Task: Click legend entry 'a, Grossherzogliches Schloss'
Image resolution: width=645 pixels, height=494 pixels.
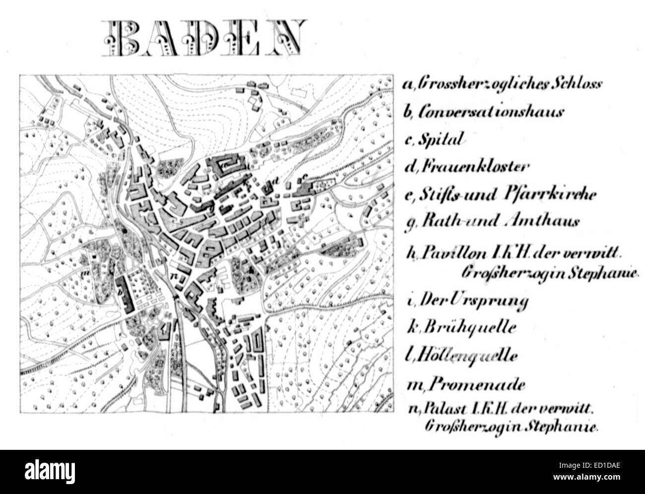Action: pos(502,84)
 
